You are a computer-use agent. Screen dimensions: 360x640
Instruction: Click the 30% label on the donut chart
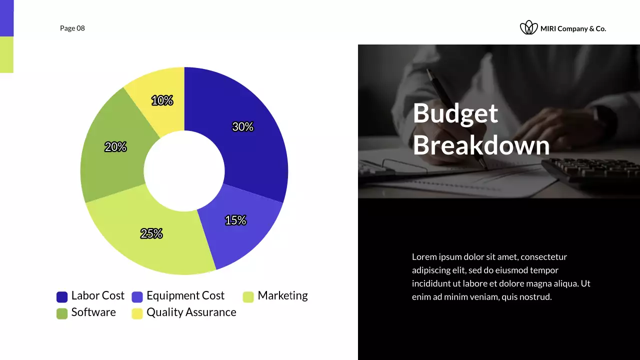(242, 127)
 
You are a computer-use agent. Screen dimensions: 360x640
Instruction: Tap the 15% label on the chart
(235, 220)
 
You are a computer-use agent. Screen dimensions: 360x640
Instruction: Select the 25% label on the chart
(151, 233)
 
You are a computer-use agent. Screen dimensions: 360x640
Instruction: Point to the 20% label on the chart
(115, 147)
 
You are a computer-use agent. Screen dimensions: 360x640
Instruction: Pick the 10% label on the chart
(162, 101)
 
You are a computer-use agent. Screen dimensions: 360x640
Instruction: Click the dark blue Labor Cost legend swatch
(62, 297)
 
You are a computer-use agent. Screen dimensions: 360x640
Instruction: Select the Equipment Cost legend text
(185, 296)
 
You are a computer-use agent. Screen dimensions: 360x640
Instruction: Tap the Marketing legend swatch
(248, 297)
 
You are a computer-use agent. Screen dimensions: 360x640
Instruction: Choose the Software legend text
(93, 312)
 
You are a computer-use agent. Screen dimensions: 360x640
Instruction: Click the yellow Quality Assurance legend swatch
(137, 313)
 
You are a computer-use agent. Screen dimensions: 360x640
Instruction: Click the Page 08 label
(72, 28)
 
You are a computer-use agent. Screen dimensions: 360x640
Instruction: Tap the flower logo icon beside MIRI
(528, 28)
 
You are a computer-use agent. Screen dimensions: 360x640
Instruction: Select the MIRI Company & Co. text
(573, 29)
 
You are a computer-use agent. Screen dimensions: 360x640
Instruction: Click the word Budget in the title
(455, 113)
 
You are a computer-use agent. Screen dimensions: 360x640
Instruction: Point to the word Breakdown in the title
(481, 145)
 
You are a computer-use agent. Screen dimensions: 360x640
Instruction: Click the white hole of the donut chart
(184, 171)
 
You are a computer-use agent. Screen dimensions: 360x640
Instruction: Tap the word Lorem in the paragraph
(423, 257)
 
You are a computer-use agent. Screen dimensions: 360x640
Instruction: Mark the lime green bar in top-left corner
(6, 54)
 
